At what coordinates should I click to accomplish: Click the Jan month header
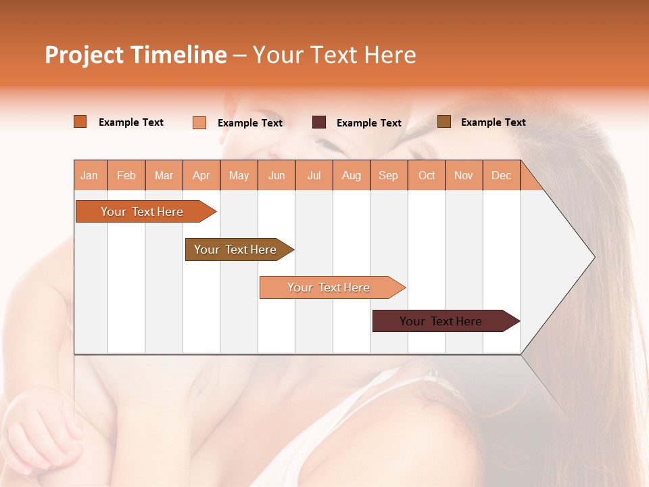click(x=89, y=175)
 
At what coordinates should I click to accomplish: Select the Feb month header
click(x=126, y=175)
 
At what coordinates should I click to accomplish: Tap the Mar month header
click(x=164, y=175)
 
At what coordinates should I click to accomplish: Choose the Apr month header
click(x=201, y=175)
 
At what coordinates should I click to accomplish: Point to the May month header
click(x=239, y=175)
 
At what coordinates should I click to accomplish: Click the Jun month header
click(x=277, y=175)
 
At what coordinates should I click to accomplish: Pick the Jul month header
click(x=314, y=175)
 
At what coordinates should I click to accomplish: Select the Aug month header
click(x=352, y=175)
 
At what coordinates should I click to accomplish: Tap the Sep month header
click(x=389, y=175)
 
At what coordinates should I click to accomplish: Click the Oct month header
click(x=427, y=175)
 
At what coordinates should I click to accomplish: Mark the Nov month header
click(x=464, y=175)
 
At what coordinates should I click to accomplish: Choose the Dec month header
click(x=502, y=175)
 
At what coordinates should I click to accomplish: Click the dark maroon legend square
click(x=319, y=122)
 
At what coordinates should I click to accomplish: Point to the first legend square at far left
click(x=80, y=122)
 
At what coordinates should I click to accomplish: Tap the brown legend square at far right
click(x=444, y=122)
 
